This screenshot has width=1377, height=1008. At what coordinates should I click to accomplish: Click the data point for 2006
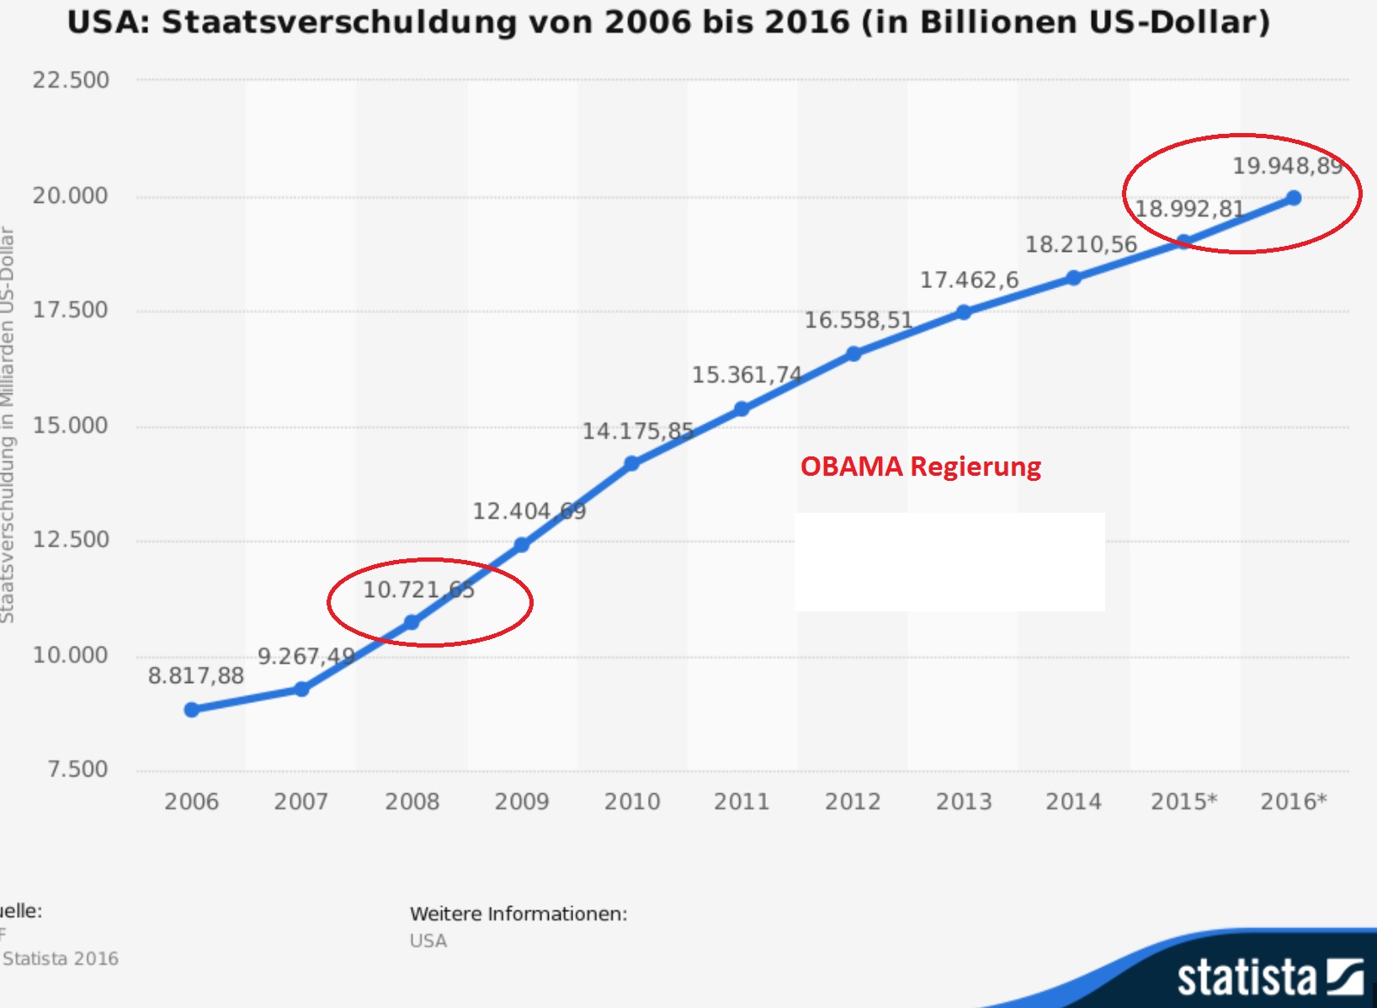pos(192,710)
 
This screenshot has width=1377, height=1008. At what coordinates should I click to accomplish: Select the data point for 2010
pos(632,463)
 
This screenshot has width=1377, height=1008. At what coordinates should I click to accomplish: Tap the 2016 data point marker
pos(1294,198)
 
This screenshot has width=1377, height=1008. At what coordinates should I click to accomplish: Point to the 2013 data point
pos(964,312)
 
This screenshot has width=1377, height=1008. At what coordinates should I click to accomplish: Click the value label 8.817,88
pos(196,675)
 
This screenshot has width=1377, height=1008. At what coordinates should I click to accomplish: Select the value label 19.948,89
pos(1287,166)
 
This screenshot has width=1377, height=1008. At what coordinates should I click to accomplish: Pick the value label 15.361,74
pos(747,375)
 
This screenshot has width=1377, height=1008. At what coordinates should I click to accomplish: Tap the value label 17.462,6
pos(969,280)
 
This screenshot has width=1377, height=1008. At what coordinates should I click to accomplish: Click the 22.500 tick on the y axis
pos(71,80)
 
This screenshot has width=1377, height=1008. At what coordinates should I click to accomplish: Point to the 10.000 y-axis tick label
pos(71,655)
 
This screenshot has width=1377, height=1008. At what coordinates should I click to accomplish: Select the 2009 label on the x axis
pos(522,801)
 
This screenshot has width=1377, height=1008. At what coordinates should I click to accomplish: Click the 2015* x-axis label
pos(1183,801)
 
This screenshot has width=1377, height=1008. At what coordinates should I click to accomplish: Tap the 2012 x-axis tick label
pos(853,801)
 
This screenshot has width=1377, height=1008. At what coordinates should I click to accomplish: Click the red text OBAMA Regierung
pos(920,467)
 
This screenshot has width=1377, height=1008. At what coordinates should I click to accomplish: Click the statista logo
pos(1269,977)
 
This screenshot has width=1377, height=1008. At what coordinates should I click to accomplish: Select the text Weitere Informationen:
pos(518,914)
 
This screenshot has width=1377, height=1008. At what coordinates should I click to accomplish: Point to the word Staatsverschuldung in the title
pos(338,22)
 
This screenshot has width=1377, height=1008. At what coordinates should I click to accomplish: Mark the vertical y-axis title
pos(8,425)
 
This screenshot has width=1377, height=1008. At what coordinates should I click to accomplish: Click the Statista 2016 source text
pos(61,958)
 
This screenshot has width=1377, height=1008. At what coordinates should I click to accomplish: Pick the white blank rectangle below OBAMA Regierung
pos(949,562)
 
